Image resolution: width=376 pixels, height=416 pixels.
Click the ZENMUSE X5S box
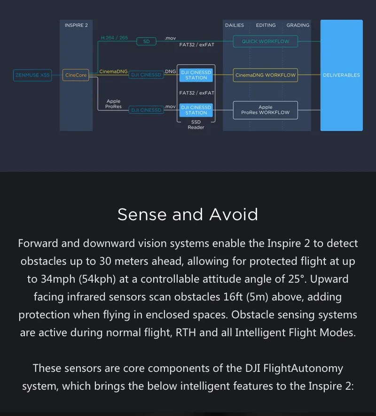pyautogui.click(x=32, y=75)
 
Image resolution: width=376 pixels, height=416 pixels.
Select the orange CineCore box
pyautogui.click(x=76, y=75)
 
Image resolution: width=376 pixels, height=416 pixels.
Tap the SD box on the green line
pyautogui.click(x=146, y=41)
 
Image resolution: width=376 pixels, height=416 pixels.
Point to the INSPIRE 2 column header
pyautogui.click(x=76, y=25)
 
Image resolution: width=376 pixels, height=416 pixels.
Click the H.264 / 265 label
pyautogui.click(x=114, y=38)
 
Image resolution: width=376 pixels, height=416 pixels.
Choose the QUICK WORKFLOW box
pyautogui.click(x=265, y=41)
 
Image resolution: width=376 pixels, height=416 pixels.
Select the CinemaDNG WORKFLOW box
pyautogui.click(x=265, y=75)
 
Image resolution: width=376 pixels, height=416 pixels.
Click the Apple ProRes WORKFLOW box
pyautogui.click(x=265, y=110)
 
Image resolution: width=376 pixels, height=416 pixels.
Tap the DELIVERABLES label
pyautogui.click(x=342, y=75)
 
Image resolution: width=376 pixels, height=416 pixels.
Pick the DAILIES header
pyautogui.click(x=235, y=25)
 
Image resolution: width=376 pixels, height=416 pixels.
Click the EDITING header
pyautogui.click(x=266, y=25)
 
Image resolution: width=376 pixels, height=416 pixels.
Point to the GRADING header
pyautogui.click(x=298, y=25)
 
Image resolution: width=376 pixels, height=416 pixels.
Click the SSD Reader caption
pyautogui.click(x=196, y=125)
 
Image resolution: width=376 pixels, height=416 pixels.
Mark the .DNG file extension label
pyautogui.click(x=170, y=71)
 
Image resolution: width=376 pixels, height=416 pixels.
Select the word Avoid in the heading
pyautogui.click(x=234, y=215)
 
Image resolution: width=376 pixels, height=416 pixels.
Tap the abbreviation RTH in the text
pyautogui.click(x=186, y=332)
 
